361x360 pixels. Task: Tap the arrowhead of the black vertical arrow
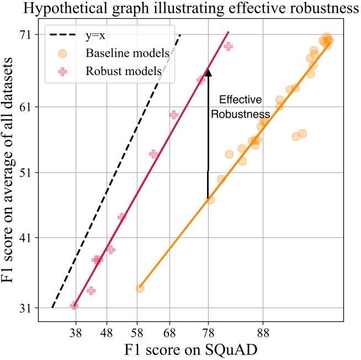pyautogui.click(x=208, y=70)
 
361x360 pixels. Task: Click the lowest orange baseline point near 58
pyautogui.click(x=140, y=288)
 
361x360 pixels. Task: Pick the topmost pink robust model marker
pyautogui.click(x=228, y=46)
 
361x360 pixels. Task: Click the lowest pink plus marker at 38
pyautogui.click(x=74, y=305)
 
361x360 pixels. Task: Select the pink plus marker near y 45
pyautogui.click(x=122, y=217)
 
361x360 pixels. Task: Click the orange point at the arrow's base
pyautogui.click(x=210, y=199)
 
